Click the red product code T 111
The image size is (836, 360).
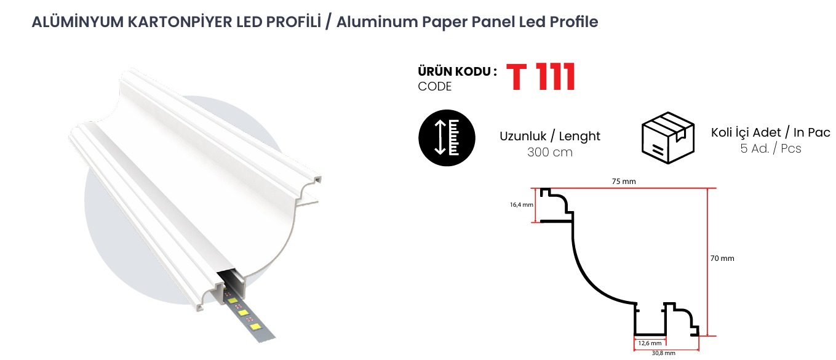pos(540,77)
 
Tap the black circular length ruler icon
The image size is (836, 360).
pos(447,138)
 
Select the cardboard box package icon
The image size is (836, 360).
pos(667,137)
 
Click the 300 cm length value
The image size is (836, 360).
pos(550,153)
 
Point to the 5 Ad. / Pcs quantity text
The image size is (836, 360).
pos(771,149)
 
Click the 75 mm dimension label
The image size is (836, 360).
pos(624,182)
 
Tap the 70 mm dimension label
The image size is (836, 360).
pos(722,258)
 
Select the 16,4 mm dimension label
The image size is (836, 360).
pos(522,205)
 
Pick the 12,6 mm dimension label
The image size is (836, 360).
pos(650,343)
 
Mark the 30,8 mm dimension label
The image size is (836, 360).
pos(663,353)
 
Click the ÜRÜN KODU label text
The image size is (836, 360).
pos(457,71)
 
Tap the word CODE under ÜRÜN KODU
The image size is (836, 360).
pos(434,87)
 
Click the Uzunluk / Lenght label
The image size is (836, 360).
pos(550,136)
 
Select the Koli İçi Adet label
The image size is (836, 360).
pos(746,132)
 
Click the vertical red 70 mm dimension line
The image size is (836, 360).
pos(707,262)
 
